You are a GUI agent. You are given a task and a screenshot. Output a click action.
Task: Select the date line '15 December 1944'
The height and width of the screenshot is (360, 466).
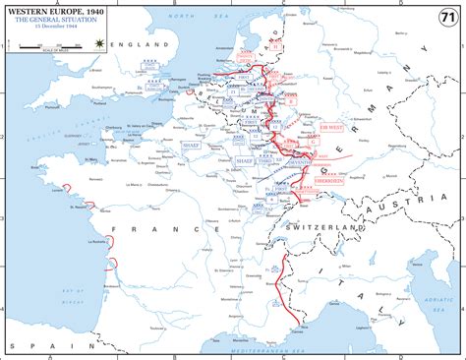click(41, 28)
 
